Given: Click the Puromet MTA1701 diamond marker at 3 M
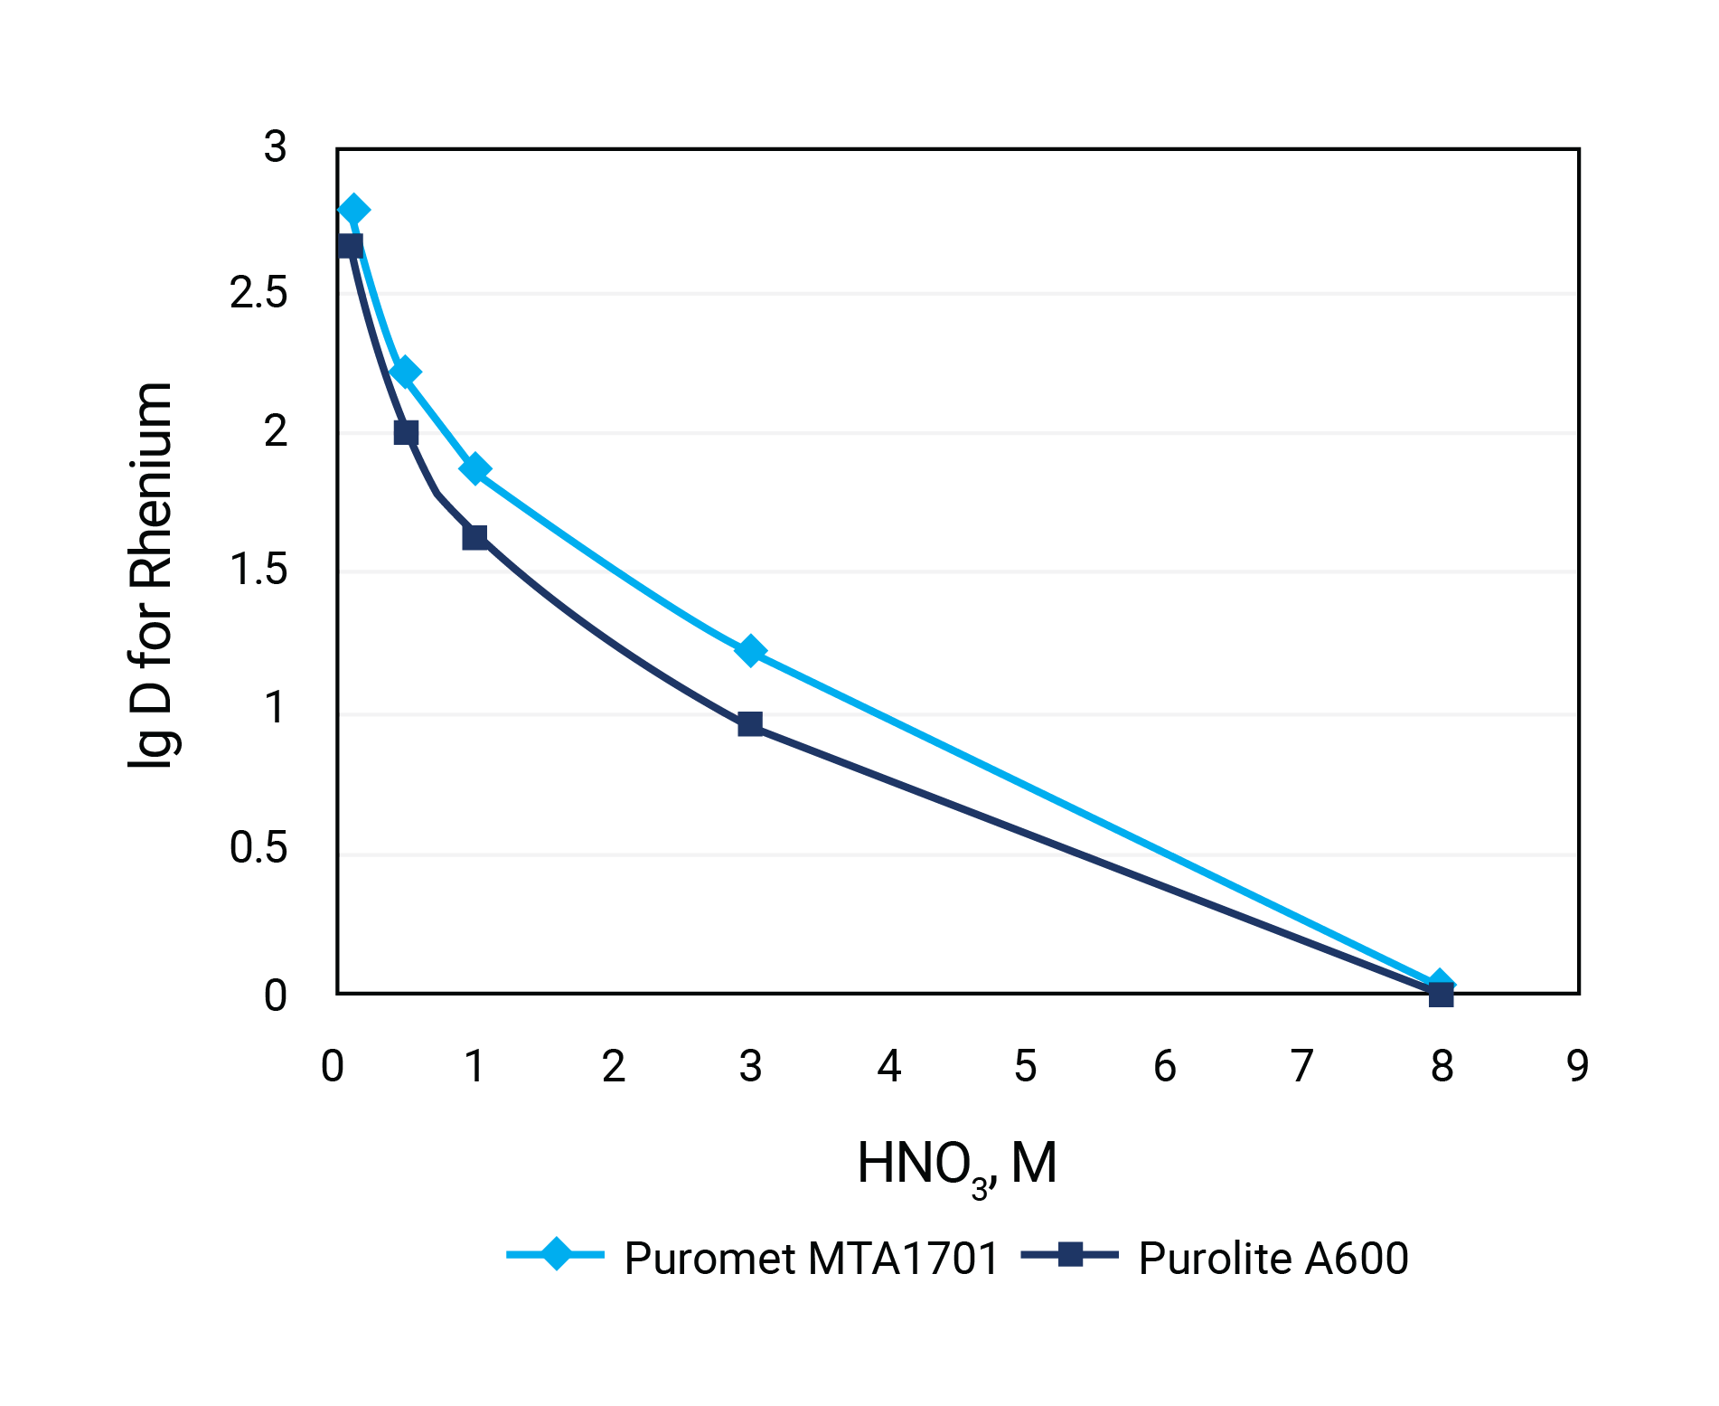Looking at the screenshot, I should (749, 650).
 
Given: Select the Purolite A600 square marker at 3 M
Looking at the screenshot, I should (749, 723).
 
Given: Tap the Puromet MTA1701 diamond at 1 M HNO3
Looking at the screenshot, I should (474, 468).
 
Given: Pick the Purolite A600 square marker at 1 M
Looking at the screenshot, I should (474, 537).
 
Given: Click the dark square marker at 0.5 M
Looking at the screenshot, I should (406, 432).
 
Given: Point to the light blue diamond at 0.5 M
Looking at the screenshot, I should (405, 372).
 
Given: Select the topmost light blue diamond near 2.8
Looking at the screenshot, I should (353, 210).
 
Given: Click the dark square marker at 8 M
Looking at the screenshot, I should (1441, 995).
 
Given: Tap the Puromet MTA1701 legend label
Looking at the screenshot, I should (811, 1258).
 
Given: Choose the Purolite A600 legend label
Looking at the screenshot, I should (1273, 1258).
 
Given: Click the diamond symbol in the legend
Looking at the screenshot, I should (556, 1254).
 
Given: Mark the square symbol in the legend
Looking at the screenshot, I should (1070, 1254).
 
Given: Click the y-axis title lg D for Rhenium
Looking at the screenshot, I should (150, 575).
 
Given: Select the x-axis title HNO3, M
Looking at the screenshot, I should (956, 1165).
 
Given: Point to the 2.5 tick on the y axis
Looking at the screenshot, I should (258, 293).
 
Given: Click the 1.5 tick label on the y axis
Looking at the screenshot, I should (258, 570).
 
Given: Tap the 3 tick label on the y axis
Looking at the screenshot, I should (275, 146).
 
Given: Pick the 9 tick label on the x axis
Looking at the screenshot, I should (1577, 1066).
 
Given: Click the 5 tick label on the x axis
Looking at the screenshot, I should (1025, 1066).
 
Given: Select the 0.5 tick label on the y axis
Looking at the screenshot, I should (258, 848).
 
